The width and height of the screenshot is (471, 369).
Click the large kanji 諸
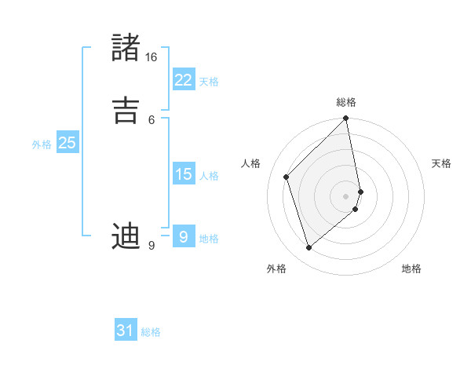pyautogui.click(x=126, y=47)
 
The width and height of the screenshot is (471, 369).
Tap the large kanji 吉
pyautogui.click(x=126, y=108)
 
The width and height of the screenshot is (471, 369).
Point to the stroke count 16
pyautogui.click(x=151, y=57)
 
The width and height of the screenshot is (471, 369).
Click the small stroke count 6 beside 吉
pyautogui.click(x=151, y=119)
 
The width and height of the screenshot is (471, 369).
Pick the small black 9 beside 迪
pyautogui.click(x=151, y=246)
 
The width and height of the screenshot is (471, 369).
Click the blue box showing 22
pyautogui.click(x=183, y=79)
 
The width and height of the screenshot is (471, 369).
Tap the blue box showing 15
pyautogui.click(x=183, y=174)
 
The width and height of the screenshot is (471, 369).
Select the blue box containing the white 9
pyautogui.click(x=183, y=236)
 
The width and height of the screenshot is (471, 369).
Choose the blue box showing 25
pyautogui.click(x=67, y=143)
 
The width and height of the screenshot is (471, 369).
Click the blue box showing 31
pyautogui.click(x=126, y=331)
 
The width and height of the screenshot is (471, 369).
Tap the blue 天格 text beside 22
pyautogui.click(x=209, y=81)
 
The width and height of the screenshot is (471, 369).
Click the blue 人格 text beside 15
pyautogui.click(x=209, y=176)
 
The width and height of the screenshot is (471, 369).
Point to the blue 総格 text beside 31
pyautogui.click(x=151, y=332)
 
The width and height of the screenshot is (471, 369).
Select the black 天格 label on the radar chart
pyautogui.click(x=441, y=163)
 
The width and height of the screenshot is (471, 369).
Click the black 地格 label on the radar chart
pyautogui.click(x=411, y=269)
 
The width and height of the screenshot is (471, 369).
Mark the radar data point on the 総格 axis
pyautogui.click(x=346, y=119)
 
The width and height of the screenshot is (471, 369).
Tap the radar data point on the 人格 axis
pyautogui.click(x=287, y=177)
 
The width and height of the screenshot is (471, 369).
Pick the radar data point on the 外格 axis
pyautogui.click(x=309, y=248)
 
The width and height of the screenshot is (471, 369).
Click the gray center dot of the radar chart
pyautogui.click(x=346, y=195)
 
